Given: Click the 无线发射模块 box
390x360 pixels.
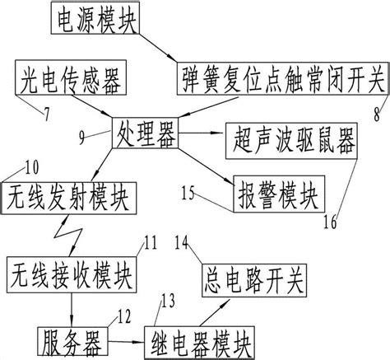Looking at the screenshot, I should (69, 199).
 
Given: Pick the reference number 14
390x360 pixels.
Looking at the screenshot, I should (183, 243).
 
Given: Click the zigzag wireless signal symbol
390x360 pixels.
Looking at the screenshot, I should (64, 236).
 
